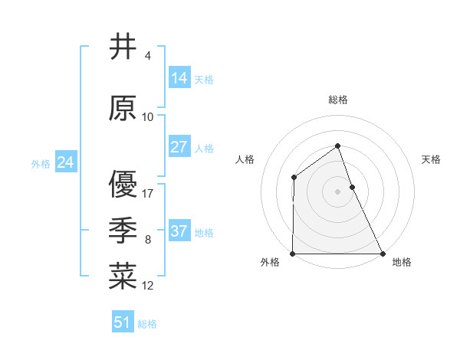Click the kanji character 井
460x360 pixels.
[123, 47]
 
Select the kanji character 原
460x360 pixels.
[123, 109]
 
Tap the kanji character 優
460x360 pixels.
[123, 185]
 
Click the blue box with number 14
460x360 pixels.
[179, 78]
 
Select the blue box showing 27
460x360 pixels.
[179, 147]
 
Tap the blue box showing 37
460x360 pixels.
[179, 231]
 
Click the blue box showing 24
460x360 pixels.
[66, 162]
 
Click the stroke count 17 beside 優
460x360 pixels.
[148, 193]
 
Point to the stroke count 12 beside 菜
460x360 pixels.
[148, 286]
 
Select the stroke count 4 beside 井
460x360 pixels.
[148, 56]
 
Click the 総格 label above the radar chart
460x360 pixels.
[338, 100]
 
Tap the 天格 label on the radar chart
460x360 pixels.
[431, 159]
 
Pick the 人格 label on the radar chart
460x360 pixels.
[245, 159]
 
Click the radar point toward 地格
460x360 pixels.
[383, 254]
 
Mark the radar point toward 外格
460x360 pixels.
[293, 254]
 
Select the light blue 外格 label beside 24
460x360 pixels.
[41, 163]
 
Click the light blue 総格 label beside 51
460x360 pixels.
[147, 324]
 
